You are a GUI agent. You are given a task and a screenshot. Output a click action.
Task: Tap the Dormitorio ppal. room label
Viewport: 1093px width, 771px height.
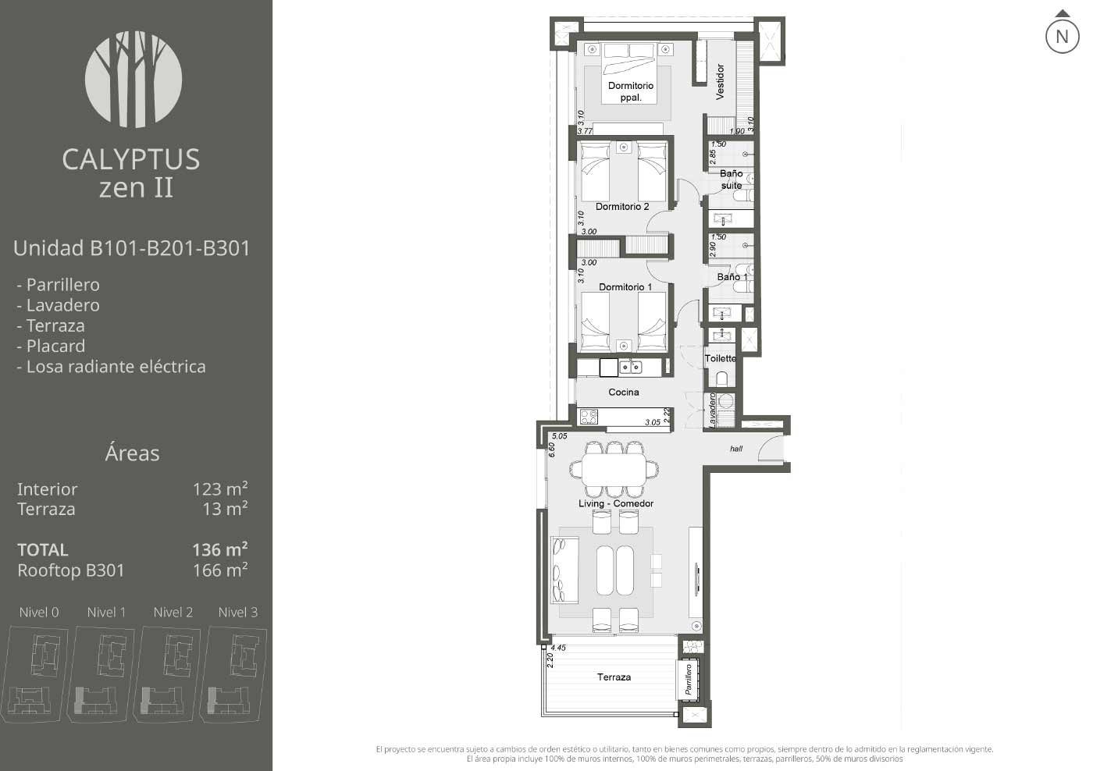(x=631, y=91)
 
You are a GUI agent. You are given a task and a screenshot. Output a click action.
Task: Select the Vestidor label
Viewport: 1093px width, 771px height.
(x=720, y=82)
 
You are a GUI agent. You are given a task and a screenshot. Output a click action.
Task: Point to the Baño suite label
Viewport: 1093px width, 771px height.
(x=731, y=179)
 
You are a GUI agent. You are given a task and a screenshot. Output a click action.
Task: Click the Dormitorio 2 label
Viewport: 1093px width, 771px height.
(x=622, y=207)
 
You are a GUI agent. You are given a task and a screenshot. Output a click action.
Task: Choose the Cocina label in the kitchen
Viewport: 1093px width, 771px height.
(x=623, y=392)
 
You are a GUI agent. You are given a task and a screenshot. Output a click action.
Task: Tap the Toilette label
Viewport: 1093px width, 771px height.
(x=720, y=358)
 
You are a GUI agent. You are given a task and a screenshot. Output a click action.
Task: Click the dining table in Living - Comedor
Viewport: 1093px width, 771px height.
(x=614, y=470)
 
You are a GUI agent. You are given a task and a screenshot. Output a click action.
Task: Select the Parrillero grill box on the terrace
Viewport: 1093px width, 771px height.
(x=688, y=679)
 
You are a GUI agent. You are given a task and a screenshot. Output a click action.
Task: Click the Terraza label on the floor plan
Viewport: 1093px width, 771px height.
(x=614, y=677)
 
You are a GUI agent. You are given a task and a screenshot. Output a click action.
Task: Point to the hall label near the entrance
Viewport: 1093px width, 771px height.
(x=735, y=449)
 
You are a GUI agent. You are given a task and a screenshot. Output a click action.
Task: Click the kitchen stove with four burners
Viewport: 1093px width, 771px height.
(x=589, y=417)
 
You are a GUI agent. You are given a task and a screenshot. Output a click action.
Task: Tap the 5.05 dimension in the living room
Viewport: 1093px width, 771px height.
(x=559, y=436)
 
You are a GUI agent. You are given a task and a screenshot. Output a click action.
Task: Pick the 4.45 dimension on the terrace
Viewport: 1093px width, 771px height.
(x=558, y=648)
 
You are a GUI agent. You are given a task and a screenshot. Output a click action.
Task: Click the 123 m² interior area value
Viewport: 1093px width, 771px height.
(x=220, y=489)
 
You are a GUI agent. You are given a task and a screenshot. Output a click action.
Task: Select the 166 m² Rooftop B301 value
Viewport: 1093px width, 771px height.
(x=220, y=570)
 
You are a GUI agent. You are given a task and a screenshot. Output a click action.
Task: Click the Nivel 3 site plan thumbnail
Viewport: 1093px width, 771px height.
(x=233, y=674)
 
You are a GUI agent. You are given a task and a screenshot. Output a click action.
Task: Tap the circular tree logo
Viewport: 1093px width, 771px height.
(x=134, y=80)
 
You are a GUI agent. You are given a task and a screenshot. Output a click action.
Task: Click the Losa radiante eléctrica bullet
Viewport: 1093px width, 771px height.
(x=111, y=367)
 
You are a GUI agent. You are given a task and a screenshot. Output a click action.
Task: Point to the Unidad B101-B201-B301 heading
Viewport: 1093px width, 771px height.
(x=131, y=248)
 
